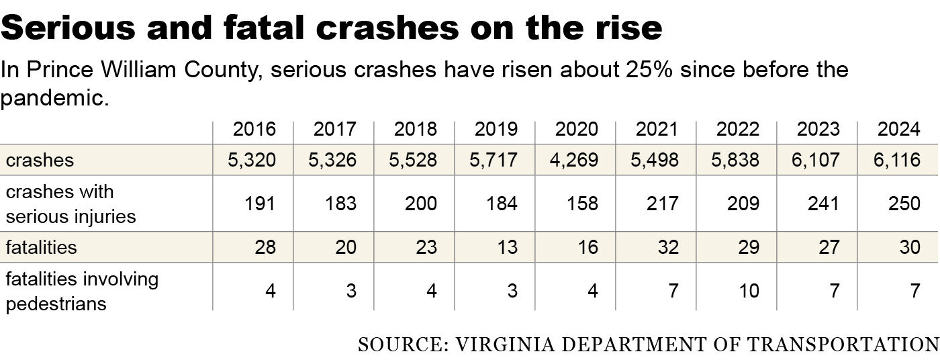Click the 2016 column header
click(254, 129)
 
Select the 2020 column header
click(576, 129)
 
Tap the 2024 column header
click(898, 129)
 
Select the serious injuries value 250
click(904, 204)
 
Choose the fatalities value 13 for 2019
click(507, 247)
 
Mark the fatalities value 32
click(668, 247)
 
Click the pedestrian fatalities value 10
click(749, 291)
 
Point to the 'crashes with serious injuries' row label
click(71, 204)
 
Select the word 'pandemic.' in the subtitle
click(54, 99)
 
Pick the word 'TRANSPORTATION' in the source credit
click(843, 345)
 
